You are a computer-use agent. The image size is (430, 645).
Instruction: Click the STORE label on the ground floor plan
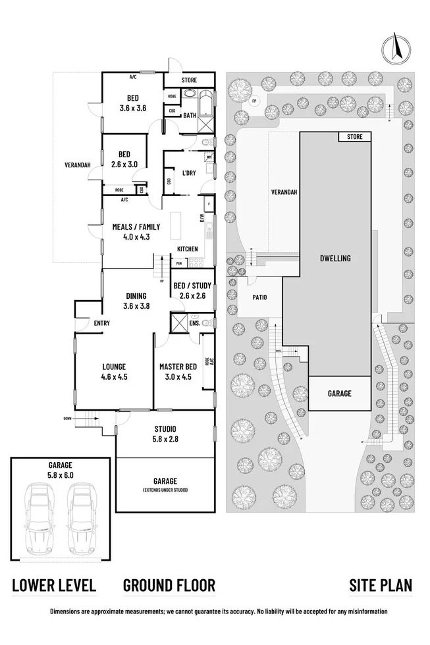click(x=189, y=80)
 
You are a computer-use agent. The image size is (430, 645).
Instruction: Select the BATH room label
click(x=190, y=116)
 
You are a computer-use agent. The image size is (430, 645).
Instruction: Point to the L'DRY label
click(x=189, y=173)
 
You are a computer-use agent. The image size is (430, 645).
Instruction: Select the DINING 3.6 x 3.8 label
click(x=136, y=301)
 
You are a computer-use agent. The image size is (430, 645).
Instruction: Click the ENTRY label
click(x=101, y=322)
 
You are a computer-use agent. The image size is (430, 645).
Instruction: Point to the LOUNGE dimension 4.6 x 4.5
click(x=113, y=376)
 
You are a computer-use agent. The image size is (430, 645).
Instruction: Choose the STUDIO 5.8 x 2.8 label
click(x=165, y=433)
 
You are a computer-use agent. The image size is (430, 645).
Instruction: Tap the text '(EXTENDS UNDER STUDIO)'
click(x=165, y=490)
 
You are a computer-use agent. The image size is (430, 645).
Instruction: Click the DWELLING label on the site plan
click(x=336, y=258)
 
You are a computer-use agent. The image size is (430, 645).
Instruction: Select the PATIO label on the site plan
click(x=259, y=297)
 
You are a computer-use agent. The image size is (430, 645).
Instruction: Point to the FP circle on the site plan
click(x=254, y=101)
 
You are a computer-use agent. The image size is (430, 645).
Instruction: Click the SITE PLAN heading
click(x=381, y=585)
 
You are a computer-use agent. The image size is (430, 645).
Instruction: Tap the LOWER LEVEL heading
click(x=55, y=585)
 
